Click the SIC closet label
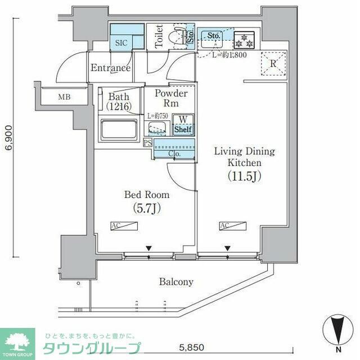121,43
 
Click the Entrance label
111,68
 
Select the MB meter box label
65,97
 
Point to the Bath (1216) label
119,101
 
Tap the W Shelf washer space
182,124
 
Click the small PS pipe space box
148,142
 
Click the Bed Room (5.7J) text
146,201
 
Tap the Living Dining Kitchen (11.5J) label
243,163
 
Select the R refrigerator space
272,63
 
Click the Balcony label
175,282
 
